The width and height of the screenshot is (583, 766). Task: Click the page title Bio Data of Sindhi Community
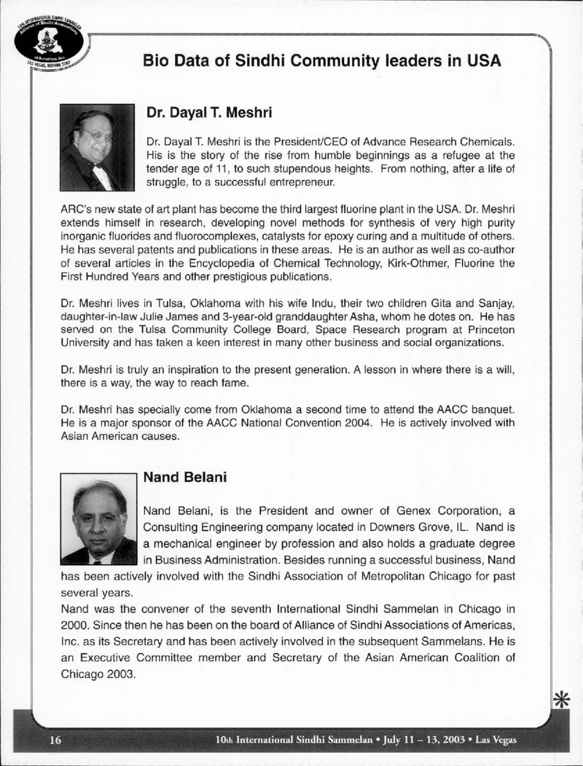321,60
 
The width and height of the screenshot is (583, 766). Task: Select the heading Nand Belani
186,478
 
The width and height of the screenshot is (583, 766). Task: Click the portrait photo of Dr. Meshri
97,148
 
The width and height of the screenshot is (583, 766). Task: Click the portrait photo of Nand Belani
98,520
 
